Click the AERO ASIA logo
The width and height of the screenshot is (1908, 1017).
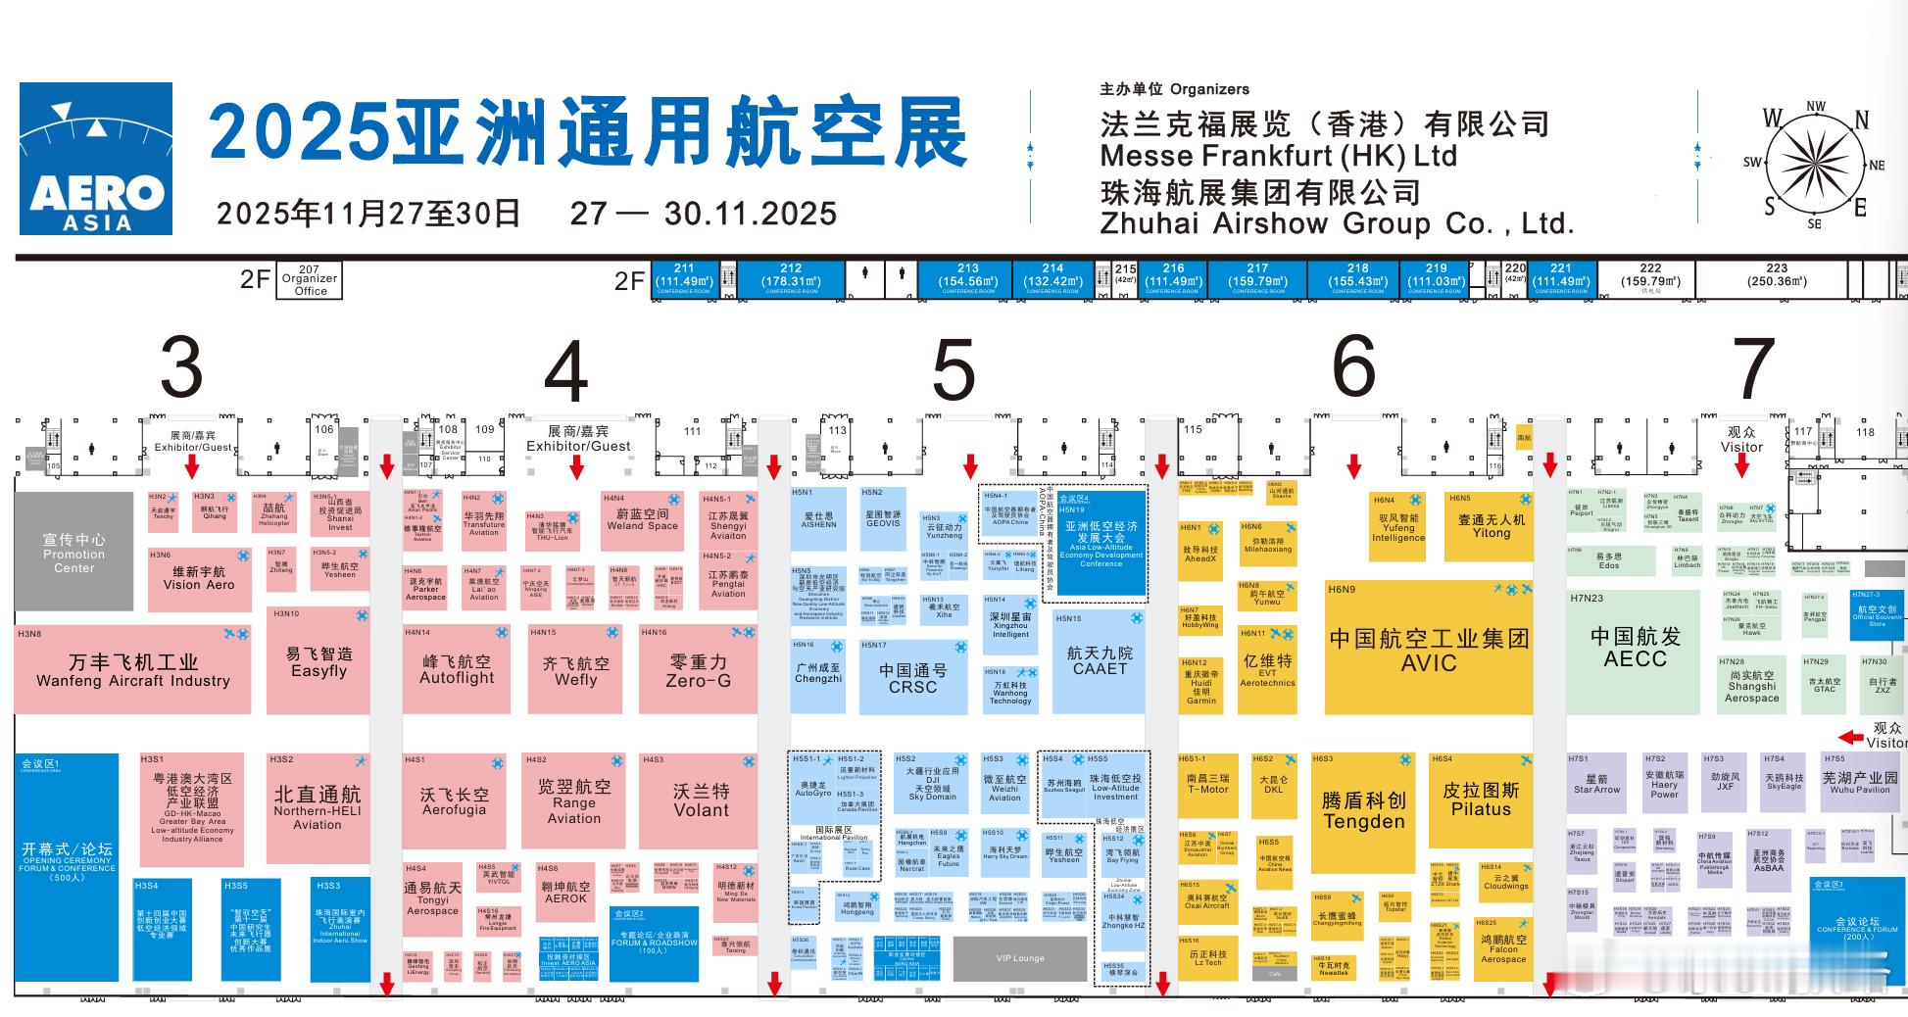point(96,159)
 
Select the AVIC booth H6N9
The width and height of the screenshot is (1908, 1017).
point(1428,650)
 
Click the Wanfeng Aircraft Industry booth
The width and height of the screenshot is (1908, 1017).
point(133,670)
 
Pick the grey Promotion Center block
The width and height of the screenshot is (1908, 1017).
point(73,552)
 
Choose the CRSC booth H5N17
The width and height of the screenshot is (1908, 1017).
point(912,678)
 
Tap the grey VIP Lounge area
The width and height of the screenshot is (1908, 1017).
point(1020,958)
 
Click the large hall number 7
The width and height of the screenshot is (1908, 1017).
point(1753,368)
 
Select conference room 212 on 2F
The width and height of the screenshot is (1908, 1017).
point(791,276)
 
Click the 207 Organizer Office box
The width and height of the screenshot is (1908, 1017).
point(309,279)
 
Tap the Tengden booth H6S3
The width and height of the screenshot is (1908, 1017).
point(1363,811)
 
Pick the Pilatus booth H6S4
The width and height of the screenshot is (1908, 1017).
point(1480,799)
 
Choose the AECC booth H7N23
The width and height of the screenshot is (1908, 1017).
point(1635,647)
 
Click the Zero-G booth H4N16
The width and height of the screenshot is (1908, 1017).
point(698,670)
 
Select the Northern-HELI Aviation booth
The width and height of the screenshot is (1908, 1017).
point(317,808)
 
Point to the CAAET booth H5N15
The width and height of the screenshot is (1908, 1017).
point(1100,660)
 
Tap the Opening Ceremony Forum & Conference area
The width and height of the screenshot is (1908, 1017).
point(67,866)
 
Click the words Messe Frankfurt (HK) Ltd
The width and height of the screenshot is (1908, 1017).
point(1278,156)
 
